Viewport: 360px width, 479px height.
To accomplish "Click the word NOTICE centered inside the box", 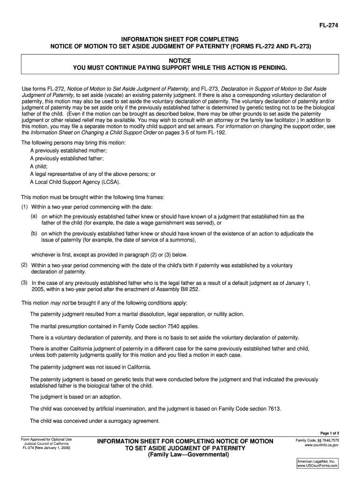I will click(x=180, y=61).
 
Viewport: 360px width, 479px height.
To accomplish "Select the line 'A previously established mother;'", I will click(x=68, y=151).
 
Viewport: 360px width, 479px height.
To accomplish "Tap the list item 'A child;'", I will click(x=39, y=166).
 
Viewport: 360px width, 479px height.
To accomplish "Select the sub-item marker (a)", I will click(x=34, y=216).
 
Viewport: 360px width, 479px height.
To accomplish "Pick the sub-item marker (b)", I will click(x=34, y=232).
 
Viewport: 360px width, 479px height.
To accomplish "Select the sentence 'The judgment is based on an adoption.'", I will click(x=76, y=397).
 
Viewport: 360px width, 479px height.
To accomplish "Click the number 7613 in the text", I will click(x=272, y=408).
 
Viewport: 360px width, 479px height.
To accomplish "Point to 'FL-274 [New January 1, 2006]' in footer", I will click(x=47, y=448).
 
